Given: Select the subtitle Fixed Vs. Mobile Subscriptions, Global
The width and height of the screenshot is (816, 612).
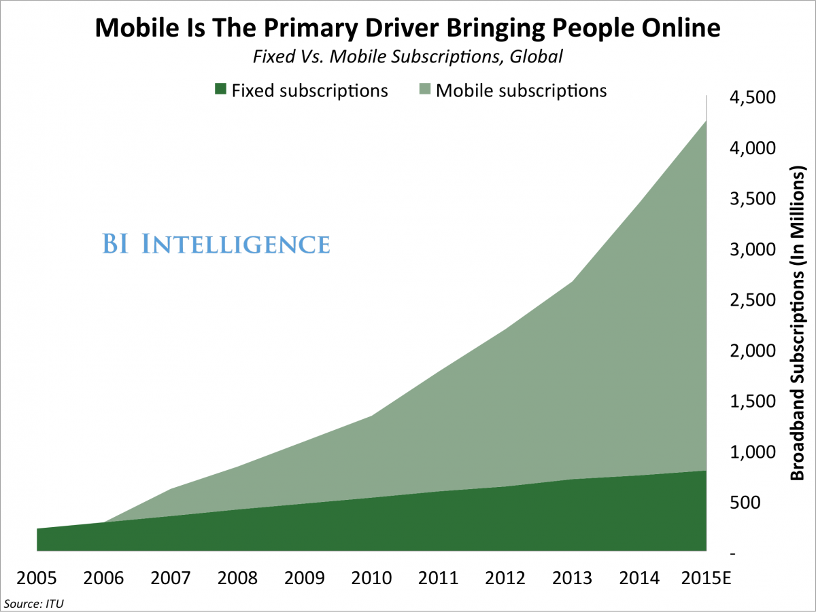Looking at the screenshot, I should tap(407, 56).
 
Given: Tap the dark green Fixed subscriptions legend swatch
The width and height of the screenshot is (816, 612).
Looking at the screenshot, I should tap(220, 90).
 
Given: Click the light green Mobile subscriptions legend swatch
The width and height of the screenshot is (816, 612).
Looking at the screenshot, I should tap(425, 90).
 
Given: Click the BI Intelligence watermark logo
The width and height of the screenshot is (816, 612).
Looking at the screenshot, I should tap(216, 244).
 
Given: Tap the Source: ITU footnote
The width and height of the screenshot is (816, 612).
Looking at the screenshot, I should tap(38, 602).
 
